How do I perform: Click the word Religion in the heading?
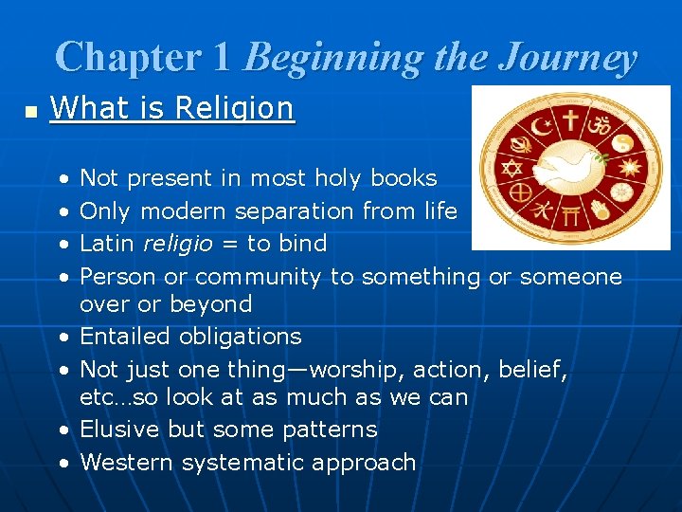[238, 108]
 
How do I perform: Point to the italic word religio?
[178, 244]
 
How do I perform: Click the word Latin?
[108, 244]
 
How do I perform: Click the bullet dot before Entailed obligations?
[63, 338]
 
